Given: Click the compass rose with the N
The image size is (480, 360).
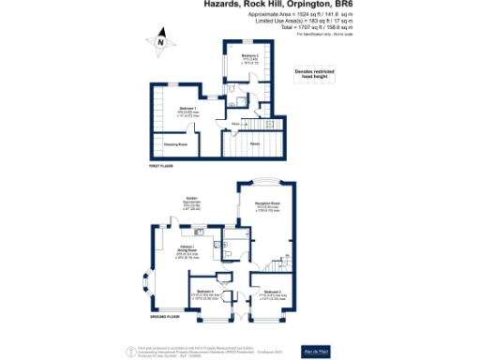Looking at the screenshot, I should pos(161,41).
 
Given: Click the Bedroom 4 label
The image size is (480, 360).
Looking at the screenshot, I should pos(202,294).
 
